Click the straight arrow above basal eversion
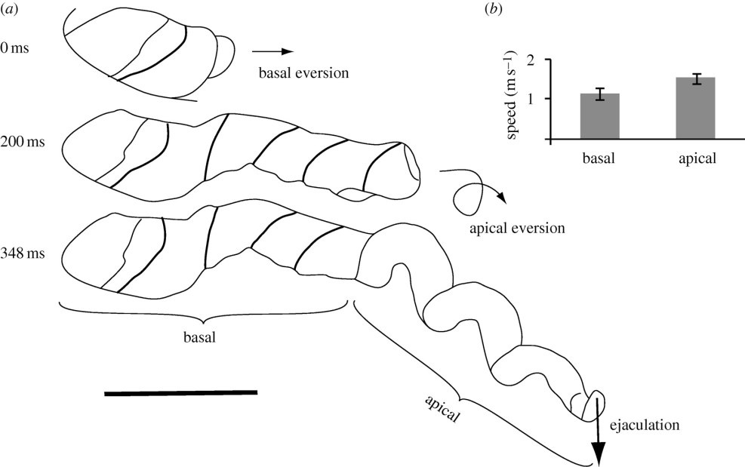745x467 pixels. (x=272, y=52)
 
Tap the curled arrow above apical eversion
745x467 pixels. (x=472, y=195)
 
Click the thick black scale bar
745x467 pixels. (x=180, y=392)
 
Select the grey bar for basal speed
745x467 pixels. (x=600, y=117)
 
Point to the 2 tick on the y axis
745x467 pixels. (x=537, y=60)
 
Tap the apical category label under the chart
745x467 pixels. (x=695, y=159)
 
